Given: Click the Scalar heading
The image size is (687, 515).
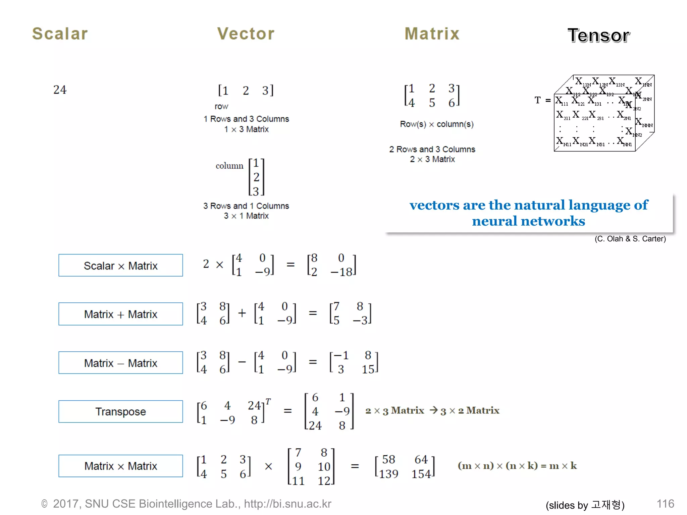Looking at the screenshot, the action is [x=60, y=34].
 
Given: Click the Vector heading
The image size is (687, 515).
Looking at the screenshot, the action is [x=246, y=34].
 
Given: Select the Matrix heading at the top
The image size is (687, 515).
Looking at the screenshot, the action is [x=432, y=34].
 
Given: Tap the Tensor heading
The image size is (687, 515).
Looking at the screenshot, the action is [x=598, y=36].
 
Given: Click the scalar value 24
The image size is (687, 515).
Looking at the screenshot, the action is [x=60, y=90].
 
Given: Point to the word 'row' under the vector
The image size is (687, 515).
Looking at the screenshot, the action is [x=221, y=107].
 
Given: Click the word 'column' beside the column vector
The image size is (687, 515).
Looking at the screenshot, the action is [x=229, y=166].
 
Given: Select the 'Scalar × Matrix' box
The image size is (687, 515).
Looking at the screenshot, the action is [x=121, y=265].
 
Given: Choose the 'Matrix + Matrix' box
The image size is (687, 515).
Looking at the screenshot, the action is [x=121, y=314].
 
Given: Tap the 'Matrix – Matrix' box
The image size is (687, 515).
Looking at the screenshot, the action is [x=121, y=362].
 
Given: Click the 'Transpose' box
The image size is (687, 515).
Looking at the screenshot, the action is [x=121, y=411].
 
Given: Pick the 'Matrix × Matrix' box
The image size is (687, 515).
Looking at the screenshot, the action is [x=121, y=466].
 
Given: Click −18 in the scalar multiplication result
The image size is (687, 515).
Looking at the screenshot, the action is [x=341, y=272].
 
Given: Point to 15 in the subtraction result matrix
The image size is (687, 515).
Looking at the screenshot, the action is [x=368, y=369].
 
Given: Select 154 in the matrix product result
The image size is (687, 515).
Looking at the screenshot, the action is [x=421, y=474].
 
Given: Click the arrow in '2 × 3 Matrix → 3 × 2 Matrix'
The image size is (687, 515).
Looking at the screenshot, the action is [x=434, y=410].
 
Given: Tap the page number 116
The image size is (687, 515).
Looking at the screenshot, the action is [x=665, y=504].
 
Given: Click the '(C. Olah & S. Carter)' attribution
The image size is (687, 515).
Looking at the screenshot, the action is [x=630, y=239].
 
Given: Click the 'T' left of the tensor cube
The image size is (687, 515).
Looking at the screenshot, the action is [x=538, y=100].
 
